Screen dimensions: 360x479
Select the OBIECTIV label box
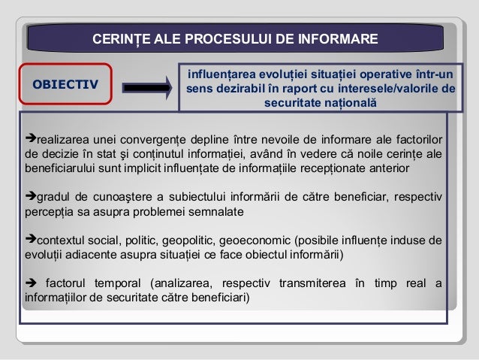[x=65, y=84]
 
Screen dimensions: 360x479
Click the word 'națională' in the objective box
[x=339, y=101]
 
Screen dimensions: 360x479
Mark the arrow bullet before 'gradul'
[x=29, y=198]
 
